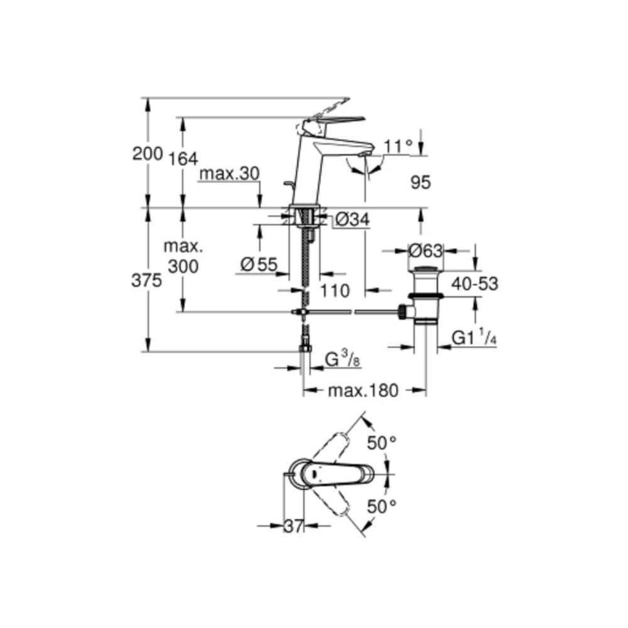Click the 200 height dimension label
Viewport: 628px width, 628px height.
tap(147, 153)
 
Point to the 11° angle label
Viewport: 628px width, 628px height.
tap(398, 146)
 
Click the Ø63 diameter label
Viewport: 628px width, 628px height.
tap(425, 251)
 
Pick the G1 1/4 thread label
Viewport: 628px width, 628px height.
tap(474, 339)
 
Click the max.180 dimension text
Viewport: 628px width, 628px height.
tap(362, 391)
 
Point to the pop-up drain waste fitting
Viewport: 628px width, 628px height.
tap(426, 295)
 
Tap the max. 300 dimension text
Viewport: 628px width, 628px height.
tap(182, 256)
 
